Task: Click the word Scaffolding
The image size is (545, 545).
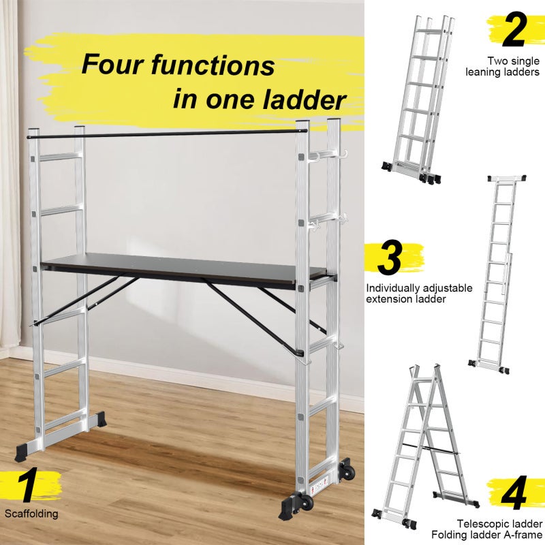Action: (31, 514)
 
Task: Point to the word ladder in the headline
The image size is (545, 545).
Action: (303, 100)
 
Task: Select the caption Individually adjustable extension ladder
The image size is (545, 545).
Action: (418, 294)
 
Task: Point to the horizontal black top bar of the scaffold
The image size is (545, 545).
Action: (170, 133)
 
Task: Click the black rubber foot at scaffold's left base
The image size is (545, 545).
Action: (26, 452)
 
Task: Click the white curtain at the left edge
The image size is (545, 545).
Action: (10, 170)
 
